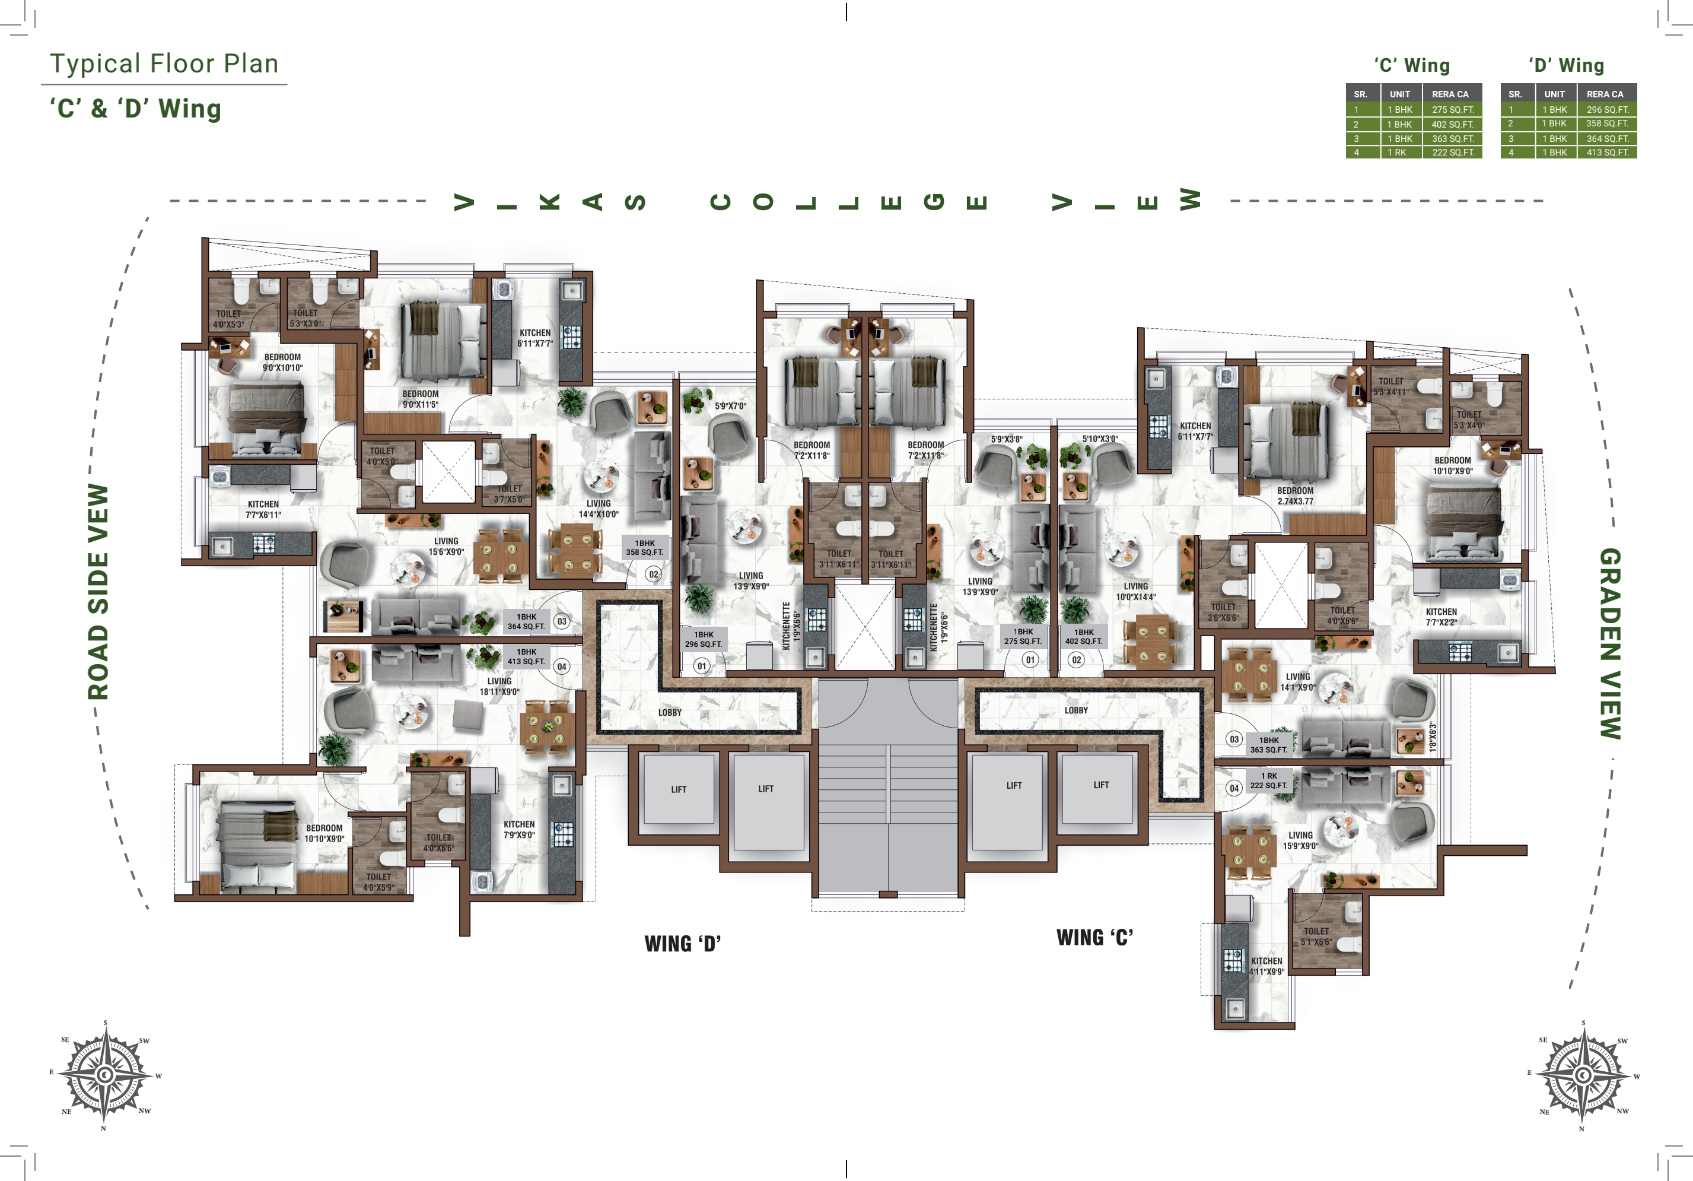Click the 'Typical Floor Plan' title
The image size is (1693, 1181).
coord(164,64)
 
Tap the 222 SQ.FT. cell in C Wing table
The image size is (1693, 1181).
coord(1452,153)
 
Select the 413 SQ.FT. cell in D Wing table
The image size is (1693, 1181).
coord(1607,153)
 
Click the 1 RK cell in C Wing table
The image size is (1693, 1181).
coord(1399,153)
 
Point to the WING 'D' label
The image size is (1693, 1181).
coord(682,944)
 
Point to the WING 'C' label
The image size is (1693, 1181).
coord(1094,938)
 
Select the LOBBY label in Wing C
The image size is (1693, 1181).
coord(1076,710)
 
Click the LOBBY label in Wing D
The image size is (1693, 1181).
coord(670,713)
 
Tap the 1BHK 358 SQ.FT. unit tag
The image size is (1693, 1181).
coord(644,547)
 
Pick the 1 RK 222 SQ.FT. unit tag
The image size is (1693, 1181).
coord(1268,780)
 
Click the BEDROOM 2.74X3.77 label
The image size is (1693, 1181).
coord(1295,496)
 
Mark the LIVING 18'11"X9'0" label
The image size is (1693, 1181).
coord(499,686)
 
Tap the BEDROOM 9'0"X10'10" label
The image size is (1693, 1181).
coord(282,362)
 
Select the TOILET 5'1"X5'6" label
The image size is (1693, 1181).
coord(1316,936)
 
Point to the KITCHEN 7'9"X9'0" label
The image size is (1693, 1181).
coord(518,829)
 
